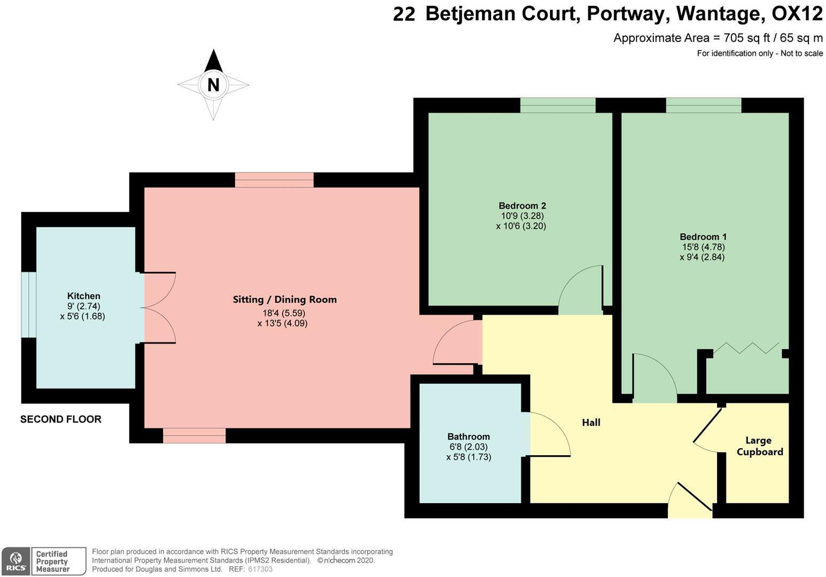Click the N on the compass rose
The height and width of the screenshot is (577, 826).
[214, 85]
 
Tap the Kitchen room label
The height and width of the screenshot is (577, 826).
[84, 295]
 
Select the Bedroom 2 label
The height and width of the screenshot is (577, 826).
[522, 206]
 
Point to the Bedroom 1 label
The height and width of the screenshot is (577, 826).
[703, 237]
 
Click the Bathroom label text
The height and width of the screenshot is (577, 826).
[469, 436]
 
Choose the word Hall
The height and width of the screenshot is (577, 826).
[591, 423]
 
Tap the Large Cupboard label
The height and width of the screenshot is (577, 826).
[760, 446]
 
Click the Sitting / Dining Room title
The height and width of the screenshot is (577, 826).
[285, 299]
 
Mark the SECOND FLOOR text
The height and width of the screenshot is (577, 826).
[61, 419]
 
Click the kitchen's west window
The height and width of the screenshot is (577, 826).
[29, 305]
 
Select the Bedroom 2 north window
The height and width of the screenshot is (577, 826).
[558, 105]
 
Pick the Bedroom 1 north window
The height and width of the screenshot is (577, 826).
[704, 105]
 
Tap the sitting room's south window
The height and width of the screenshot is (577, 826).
[194, 435]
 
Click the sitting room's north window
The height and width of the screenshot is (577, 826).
[274, 180]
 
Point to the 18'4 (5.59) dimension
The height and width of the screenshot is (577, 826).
[284, 313]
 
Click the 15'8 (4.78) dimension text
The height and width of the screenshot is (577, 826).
[704, 247]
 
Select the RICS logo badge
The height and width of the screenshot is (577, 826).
[16, 562]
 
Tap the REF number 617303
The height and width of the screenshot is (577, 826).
[260, 569]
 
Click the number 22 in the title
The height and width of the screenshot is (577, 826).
[404, 14]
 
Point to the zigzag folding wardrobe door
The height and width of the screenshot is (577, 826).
[746, 348]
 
